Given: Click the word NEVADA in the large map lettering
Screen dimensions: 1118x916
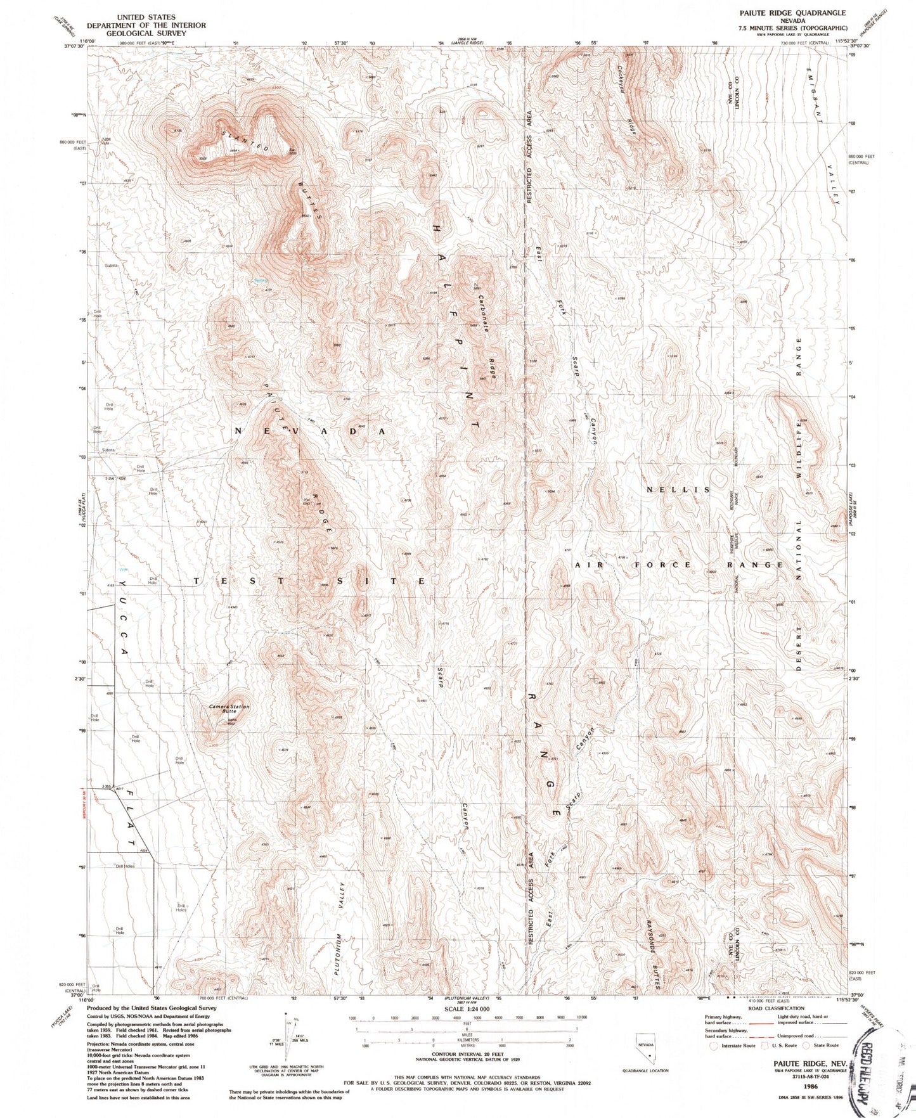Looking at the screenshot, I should (x=311, y=431).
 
